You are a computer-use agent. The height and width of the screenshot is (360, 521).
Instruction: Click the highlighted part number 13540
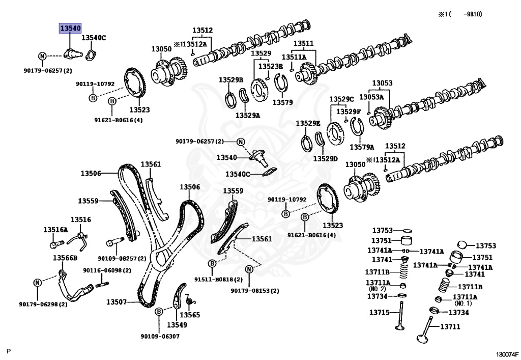[70, 29]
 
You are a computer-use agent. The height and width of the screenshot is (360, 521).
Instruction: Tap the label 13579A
[361, 147]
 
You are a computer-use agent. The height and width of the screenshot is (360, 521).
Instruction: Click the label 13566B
[65, 258]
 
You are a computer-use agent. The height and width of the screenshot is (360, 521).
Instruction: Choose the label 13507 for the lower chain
[116, 302]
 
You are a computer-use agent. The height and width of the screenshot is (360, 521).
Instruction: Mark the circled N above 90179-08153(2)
[249, 269]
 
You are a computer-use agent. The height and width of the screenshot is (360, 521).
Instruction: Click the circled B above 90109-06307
[158, 311]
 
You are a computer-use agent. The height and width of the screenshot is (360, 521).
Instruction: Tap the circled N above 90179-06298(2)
[37, 283]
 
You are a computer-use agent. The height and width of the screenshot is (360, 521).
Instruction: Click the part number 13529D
[325, 158]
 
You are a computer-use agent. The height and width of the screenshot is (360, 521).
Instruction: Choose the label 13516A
[55, 230]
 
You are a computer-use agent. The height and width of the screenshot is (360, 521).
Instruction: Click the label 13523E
[270, 66]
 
